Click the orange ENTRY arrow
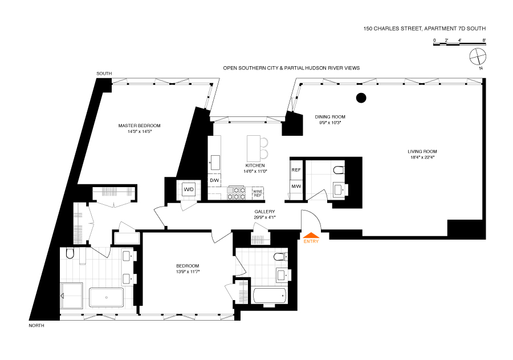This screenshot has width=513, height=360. (311, 235)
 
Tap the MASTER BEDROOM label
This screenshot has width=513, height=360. (140, 126)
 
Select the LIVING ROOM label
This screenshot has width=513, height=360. (422, 152)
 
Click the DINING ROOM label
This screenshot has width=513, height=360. (330, 117)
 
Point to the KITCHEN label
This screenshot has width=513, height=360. (255, 166)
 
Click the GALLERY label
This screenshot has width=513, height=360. (264, 212)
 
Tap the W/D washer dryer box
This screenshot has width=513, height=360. (189, 189)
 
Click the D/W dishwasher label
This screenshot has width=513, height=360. (215, 180)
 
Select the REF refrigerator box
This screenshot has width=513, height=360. (296, 170)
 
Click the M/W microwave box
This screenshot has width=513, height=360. (296, 187)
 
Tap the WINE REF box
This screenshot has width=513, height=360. (258, 193)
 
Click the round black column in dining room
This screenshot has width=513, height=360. (361, 98)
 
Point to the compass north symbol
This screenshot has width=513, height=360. (478, 57)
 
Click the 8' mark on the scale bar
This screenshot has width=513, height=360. (484, 41)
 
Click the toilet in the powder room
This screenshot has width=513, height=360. (339, 170)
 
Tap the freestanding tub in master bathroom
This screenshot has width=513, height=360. (107, 298)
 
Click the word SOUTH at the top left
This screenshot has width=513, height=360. (104, 74)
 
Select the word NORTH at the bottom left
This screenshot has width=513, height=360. (36, 326)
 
